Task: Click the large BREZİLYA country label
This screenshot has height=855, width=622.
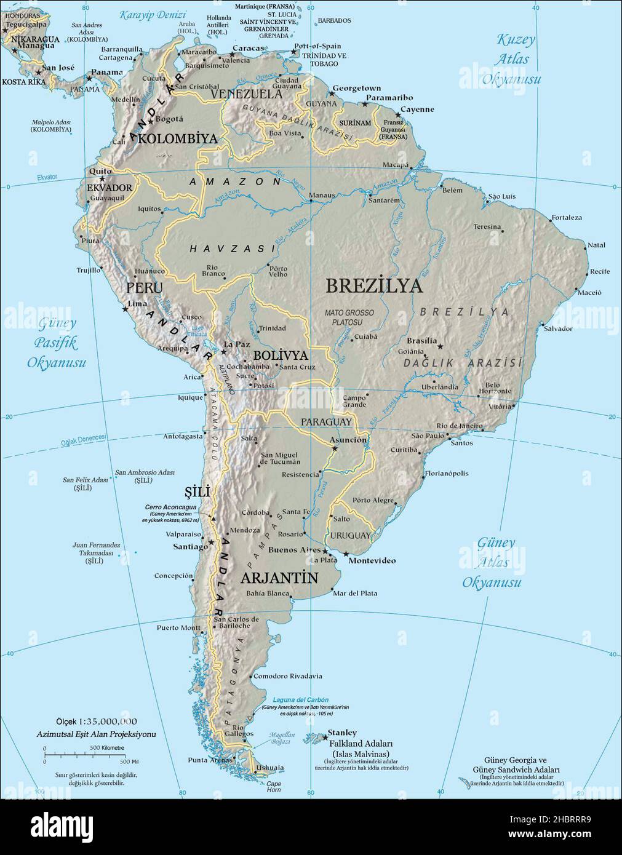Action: click(x=374, y=286)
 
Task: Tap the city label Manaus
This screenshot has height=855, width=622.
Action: click(x=322, y=196)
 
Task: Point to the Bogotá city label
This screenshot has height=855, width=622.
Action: click(x=170, y=119)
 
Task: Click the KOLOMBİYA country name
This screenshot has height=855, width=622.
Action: click(x=178, y=139)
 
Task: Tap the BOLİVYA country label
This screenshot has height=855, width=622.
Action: click(x=281, y=356)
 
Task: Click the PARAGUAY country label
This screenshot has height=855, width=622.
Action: click(x=326, y=421)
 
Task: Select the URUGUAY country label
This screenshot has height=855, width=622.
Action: click(x=351, y=535)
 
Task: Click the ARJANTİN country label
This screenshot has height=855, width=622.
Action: click(x=279, y=578)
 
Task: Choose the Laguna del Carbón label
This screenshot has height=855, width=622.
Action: click(x=301, y=700)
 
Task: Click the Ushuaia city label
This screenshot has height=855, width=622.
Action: click(x=271, y=768)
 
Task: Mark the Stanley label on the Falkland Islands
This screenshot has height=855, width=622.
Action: click(x=342, y=733)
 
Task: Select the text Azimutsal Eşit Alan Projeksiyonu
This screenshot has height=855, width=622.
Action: click(x=97, y=734)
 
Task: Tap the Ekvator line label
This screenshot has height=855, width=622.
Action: click(x=47, y=177)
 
